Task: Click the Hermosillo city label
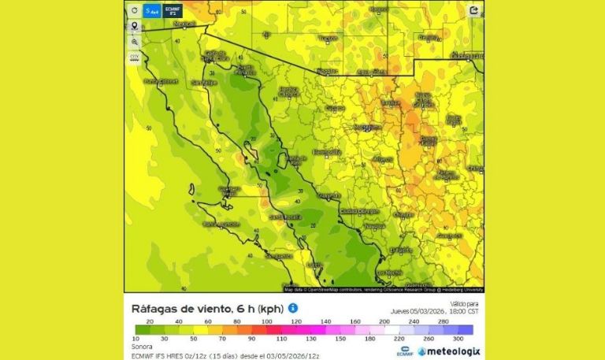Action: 326,151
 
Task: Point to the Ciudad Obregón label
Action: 360,211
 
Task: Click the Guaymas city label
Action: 328,195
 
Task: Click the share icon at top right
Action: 473,11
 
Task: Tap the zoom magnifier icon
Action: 135,41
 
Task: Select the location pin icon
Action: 135,26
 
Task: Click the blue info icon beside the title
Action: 292,308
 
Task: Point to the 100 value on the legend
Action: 267,321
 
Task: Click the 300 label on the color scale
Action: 458,338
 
